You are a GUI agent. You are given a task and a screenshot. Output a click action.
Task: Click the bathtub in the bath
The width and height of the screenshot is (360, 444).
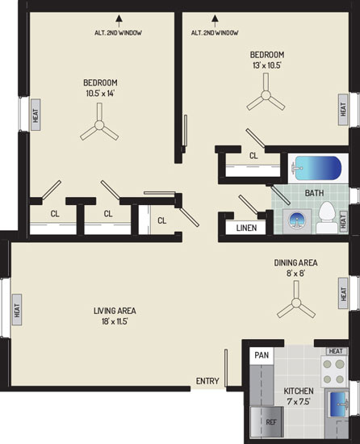(x=316, y=169)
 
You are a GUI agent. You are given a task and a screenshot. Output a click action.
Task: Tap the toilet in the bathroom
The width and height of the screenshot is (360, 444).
(x=327, y=218)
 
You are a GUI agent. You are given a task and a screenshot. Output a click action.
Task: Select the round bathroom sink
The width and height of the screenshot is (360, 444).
(x=296, y=221)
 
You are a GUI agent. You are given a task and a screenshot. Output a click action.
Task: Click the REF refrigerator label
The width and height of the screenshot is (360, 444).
(x=271, y=422)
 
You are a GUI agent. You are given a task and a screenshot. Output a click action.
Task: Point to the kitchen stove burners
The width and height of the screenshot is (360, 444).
(x=334, y=371)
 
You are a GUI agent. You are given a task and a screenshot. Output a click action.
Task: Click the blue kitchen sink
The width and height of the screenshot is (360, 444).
(x=338, y=404)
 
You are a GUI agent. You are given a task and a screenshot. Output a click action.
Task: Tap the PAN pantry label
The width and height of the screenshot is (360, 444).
(x=262, y=355)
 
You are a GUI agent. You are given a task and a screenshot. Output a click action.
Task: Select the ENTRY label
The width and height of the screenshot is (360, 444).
(x=207, y=381)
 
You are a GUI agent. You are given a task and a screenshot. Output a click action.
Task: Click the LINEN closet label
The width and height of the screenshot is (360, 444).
(x=246, y=228)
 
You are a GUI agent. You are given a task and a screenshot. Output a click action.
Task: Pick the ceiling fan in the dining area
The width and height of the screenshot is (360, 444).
(x=296, y=303)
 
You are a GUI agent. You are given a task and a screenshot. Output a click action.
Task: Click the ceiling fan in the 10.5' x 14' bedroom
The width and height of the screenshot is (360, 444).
(x=99, y=125)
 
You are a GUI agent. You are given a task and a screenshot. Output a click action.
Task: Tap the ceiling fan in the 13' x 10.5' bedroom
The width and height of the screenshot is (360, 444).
(x=266, y=95)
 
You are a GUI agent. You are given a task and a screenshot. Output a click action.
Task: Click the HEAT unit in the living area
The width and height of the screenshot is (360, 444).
(x=17, y=310)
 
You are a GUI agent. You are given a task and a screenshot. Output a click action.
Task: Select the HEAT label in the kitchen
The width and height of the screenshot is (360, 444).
(x=336, y=351)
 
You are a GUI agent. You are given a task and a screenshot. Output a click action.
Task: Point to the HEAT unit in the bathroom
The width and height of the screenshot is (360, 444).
(x=343, y=222)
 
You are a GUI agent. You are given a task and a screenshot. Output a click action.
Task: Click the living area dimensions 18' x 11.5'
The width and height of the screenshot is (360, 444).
(x=115, y=321)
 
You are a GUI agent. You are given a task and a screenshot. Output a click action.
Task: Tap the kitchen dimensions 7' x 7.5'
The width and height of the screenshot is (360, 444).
(x=299, y=401)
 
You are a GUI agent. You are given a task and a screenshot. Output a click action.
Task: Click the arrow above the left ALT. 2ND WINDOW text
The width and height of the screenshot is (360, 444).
(x=119, y=21)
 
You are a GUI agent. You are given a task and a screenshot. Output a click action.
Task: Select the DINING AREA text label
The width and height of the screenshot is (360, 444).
(x=295, y=263)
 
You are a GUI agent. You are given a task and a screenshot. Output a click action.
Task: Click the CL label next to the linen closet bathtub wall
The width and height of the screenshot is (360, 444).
(x=253, y=156)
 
